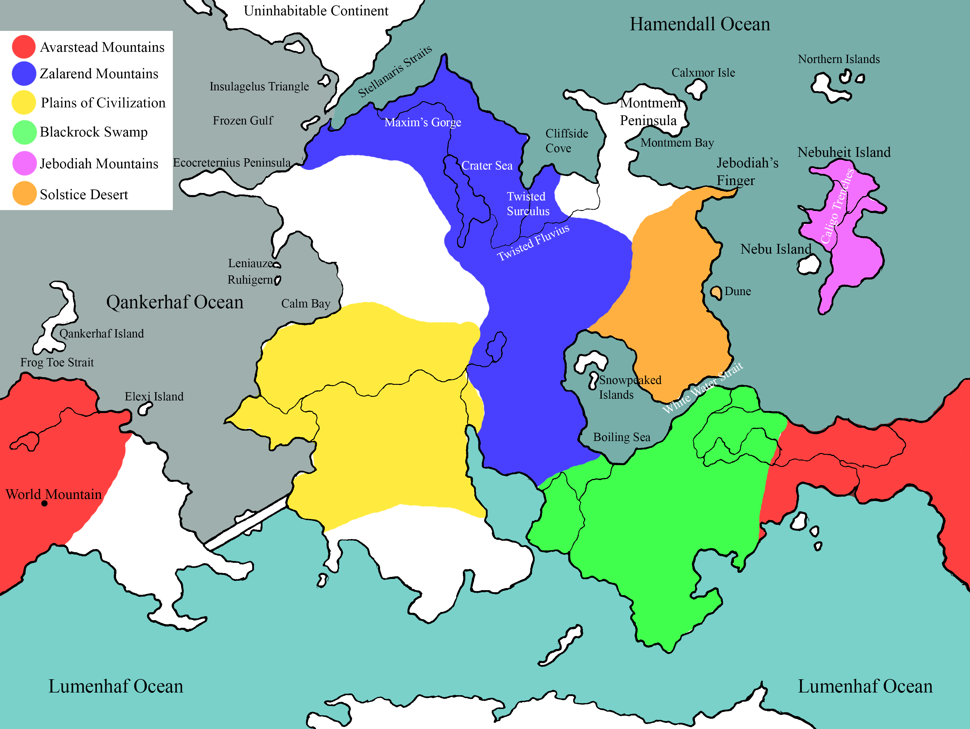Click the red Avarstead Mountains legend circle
(x=24, y=46)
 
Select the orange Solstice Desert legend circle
(x=24, y=194)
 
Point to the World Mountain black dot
(x=44, y=503)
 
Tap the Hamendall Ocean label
(x=700, y=24)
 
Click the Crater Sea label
(x=487, y=165)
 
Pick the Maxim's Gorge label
(x=423, y=122)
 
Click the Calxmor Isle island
(x=696, y=89)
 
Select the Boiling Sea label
(x=621, y=437)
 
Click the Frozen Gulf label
(x=242, y=120)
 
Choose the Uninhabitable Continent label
(x=316, y=11)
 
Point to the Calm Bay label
(x=306, y=303)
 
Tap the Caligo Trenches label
(x=837, y=206)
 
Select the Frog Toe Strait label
(x=57, y=362)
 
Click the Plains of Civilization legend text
(x=103, y=103)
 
